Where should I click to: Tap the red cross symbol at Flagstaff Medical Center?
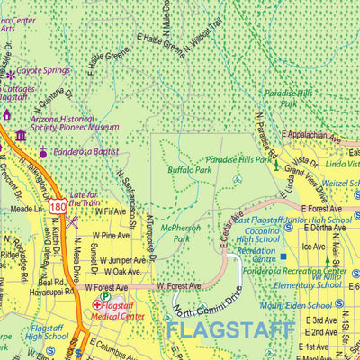point(96,305)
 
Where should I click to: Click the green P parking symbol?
point(105,295)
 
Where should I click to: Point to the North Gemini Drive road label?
point(209,298)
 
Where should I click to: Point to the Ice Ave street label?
point(313,246)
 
